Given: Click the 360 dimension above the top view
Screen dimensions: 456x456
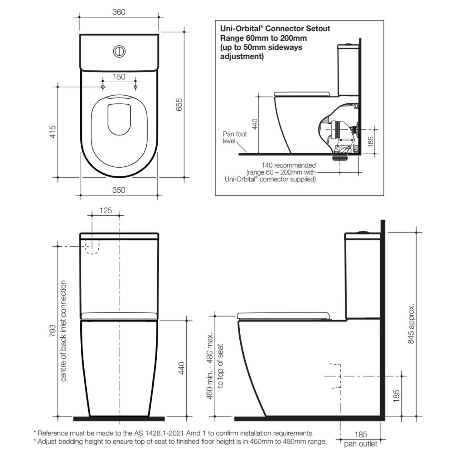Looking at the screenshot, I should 119,12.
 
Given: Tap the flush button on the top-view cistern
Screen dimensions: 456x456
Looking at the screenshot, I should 119,52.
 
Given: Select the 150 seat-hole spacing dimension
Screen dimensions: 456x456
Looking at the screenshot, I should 119,77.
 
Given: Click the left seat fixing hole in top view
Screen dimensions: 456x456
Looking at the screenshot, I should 103,87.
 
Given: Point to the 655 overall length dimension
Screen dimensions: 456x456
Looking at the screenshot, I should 179,105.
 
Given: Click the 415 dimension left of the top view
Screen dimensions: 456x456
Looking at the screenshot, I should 53,132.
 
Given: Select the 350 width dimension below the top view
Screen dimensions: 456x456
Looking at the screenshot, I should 119,190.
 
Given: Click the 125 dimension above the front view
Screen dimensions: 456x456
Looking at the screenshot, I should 105,211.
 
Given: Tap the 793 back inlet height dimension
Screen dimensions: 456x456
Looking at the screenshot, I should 52,331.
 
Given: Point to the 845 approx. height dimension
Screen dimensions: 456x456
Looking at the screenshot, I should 411,324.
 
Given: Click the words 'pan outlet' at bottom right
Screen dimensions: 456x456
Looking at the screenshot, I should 360,444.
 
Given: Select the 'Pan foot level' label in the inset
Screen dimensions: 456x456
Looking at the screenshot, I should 234,137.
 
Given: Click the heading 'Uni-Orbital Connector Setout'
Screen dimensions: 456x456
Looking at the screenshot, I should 275,29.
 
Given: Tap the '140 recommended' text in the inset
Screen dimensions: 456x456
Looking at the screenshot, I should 288,165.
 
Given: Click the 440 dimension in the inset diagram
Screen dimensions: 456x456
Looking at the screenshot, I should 255,124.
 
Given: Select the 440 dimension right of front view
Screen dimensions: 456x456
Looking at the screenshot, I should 182,368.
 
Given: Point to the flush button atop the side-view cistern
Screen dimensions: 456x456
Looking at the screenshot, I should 363,232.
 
